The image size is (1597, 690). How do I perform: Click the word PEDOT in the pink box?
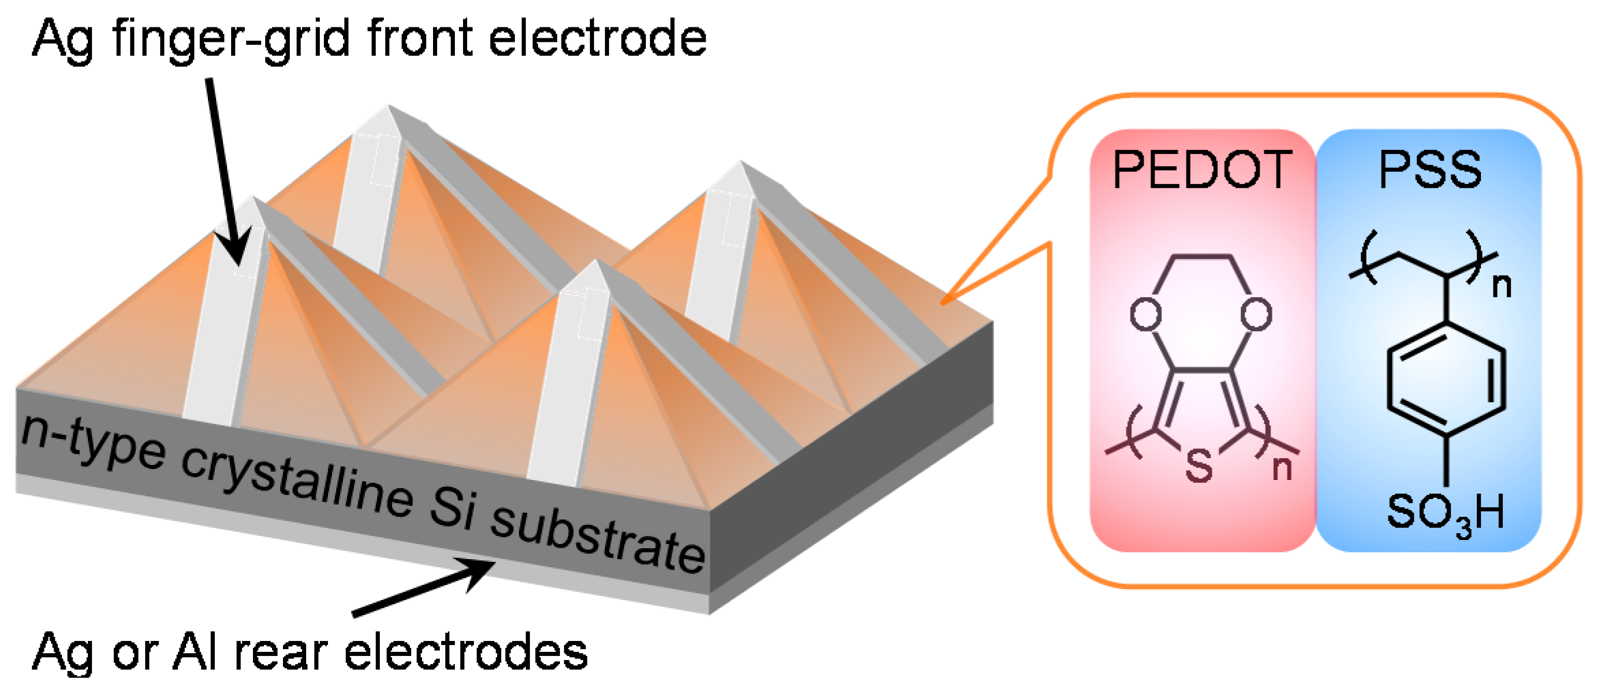tap(1202, 170)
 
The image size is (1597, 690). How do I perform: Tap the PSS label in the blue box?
tap(1430, 170)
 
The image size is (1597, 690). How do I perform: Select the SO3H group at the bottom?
tap(1445, 513)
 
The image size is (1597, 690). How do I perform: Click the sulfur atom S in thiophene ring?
tap(1199, 465)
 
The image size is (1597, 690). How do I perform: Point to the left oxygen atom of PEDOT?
tap(1146, 314)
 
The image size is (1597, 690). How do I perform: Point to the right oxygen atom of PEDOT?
tap(1256, 314)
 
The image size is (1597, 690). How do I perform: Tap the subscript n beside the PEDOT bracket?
tap(1282, 468)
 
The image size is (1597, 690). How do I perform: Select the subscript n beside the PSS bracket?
tap(1502, 285)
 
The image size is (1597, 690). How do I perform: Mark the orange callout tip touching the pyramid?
tap(944, 302)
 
